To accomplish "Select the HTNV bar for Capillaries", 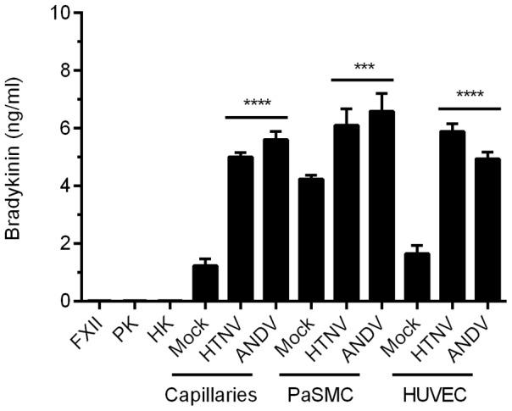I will [x=241, y=229].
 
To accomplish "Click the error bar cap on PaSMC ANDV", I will [x=381, y=94].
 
